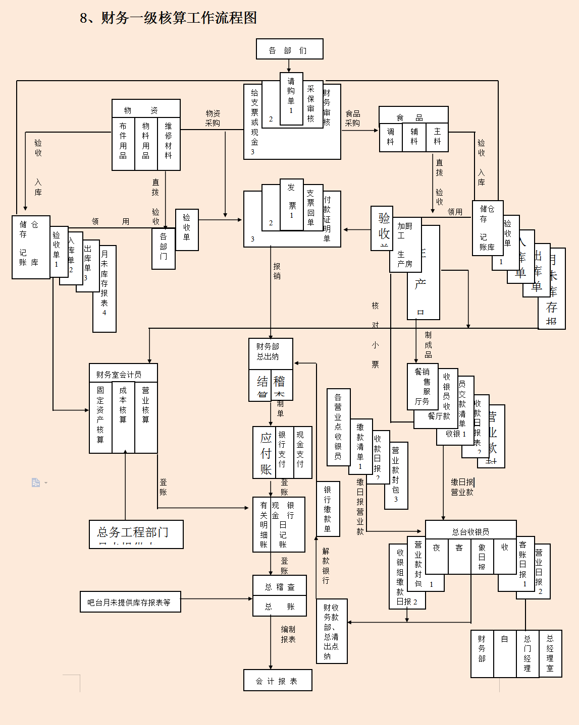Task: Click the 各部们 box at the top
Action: [x=289, y=49]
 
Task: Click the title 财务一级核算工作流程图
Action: [x=168, y=18]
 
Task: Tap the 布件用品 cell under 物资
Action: [x=123, y=143]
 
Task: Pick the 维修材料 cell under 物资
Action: [x=169, y=143]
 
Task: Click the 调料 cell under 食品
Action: [x=391, y=137]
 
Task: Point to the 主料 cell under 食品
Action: [x=437, y=137]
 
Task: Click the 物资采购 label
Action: [x=213, y=118]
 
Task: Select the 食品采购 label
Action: [x=352, y=118]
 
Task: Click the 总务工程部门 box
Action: [x=134, y=533]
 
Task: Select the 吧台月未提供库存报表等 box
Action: [x=130, y=602]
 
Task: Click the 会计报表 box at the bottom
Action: [x=277, y=681]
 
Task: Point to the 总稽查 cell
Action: [x=280, y=586]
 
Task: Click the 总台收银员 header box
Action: [x=470, y=531]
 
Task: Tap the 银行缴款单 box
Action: [x=328, y=509]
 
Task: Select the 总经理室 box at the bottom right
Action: [x=550, y=653]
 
